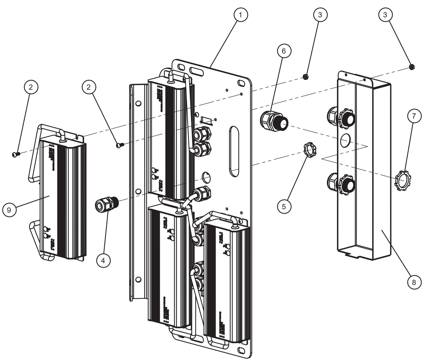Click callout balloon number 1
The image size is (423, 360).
click(240, 15)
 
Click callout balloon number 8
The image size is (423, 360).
click(413, 282)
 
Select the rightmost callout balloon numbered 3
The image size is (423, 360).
click(386, 15)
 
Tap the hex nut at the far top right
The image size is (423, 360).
click(411, 68)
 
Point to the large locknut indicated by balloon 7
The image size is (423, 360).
click(403, 180)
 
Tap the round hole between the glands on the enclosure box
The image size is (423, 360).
click(345, 140)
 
